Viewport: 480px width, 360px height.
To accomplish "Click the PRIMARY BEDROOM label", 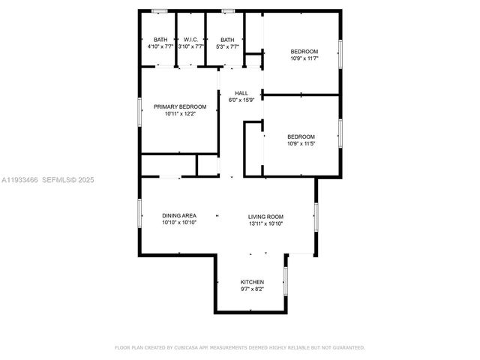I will point(180,107).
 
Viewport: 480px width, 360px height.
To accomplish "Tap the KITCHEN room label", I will point(251,282).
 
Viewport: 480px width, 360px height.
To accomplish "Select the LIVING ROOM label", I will point(265,216).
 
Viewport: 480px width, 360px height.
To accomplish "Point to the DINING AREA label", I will point(179,216).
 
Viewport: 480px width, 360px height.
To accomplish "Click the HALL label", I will point(241,93).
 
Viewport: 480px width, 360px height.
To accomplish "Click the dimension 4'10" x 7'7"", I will point(160,46).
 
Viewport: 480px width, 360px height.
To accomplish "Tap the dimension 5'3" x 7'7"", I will point(226,46).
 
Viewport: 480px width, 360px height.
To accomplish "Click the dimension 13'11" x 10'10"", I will point(265,223).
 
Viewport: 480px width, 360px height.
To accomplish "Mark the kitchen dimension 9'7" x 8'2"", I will point(251,289).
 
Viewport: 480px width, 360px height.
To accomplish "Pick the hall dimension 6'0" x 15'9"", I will point(241,100).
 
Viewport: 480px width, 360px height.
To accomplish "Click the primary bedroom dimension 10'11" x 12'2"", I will point(180,115).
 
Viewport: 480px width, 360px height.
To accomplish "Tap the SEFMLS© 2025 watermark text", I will point(68,180).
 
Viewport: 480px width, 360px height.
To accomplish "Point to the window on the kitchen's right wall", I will point(286,280).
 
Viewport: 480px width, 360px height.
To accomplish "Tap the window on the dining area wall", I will point(139,212).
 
